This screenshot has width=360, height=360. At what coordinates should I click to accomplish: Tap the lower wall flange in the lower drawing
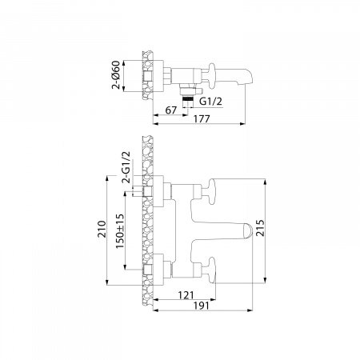tap(157, 264)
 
